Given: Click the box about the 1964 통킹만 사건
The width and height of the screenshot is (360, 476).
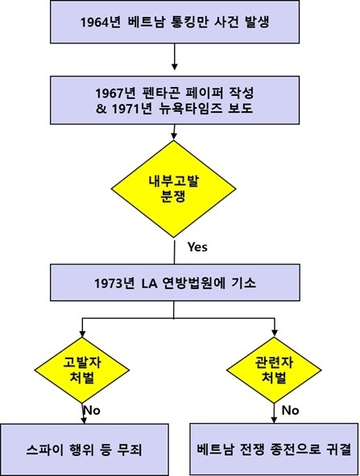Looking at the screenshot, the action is point(175,22).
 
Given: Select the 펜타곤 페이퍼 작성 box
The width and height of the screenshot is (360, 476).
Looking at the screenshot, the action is point(175,100).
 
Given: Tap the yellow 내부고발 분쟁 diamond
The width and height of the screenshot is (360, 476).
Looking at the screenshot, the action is point(173,188).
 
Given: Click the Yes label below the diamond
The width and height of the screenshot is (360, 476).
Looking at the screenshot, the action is point(197,247).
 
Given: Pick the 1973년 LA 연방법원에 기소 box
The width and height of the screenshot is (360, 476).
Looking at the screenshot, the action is point(175,283).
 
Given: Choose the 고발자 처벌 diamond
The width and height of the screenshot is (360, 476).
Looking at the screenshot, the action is point(82,370).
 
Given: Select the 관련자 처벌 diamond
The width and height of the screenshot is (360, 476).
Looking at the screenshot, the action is point(274,370).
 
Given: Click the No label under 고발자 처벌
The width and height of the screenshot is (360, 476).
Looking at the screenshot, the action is point(92,411).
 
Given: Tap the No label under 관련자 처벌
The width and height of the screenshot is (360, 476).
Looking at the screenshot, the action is point(290,411).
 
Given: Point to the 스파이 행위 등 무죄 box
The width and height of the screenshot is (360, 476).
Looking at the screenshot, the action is point(84,449).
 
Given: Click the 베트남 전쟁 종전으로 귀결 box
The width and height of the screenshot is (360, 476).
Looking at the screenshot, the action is point(274,449).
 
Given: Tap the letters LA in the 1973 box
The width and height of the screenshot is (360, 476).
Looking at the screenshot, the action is point(149,284).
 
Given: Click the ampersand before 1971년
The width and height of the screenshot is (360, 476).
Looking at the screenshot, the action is point(101,109).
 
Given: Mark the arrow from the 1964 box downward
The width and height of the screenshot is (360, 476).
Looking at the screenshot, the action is point(174,56).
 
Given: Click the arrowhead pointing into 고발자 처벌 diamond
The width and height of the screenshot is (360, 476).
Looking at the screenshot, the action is point(82,333).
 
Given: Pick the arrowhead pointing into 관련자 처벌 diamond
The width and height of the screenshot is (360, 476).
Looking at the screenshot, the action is point(275,333).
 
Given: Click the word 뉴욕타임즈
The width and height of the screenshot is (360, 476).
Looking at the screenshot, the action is point(191,109).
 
